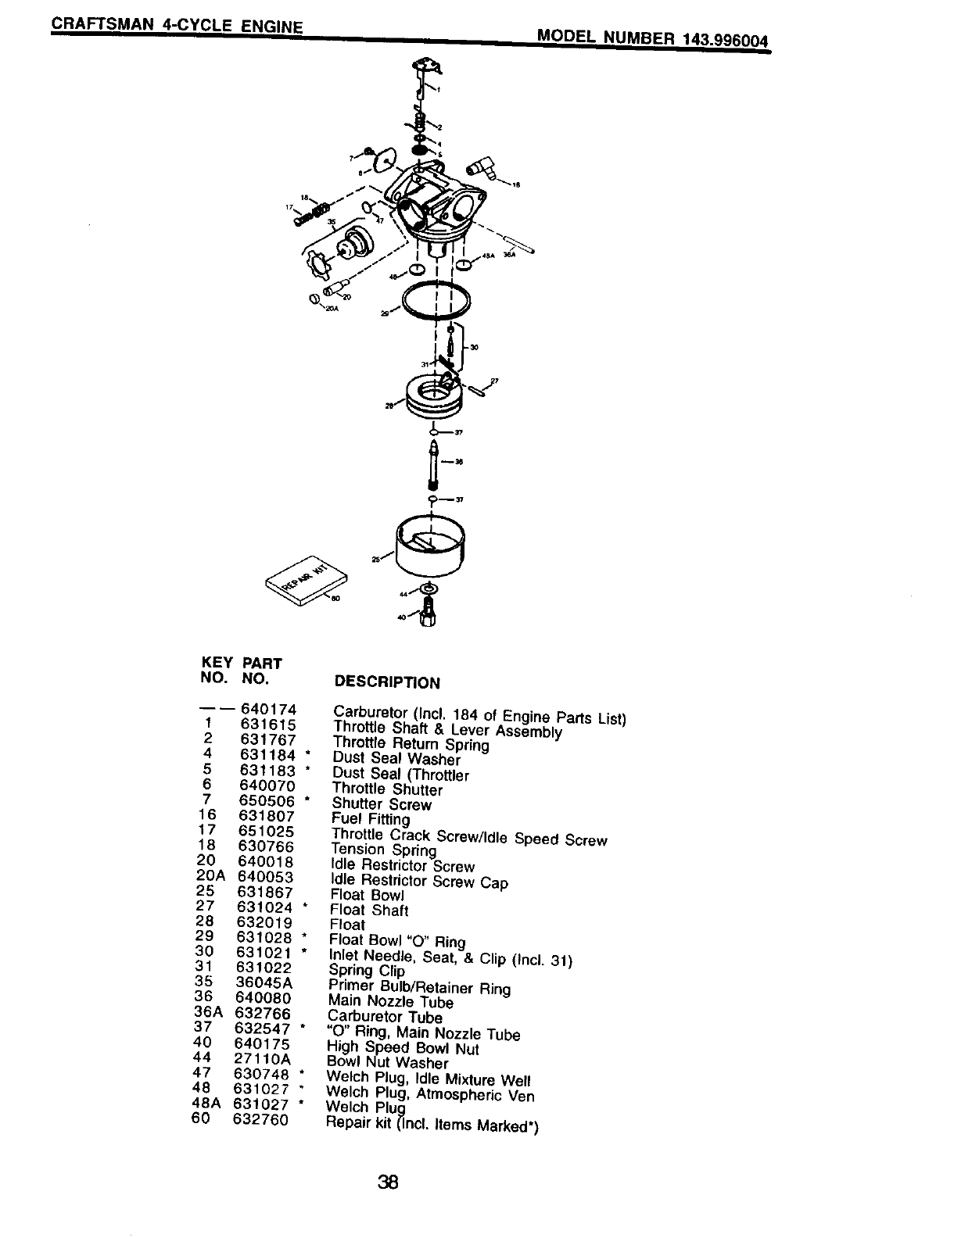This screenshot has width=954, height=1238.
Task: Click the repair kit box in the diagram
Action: [307, 582]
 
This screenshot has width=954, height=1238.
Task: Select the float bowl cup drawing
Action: [430, 548]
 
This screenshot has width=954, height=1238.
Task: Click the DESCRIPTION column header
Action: [387, 682]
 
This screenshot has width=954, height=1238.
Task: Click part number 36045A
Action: [264, 982]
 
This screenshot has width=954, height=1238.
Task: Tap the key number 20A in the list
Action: [210, 876]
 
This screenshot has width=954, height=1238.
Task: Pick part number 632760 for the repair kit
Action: [260, 1119]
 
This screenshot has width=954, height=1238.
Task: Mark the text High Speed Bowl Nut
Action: [403, 1048]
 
